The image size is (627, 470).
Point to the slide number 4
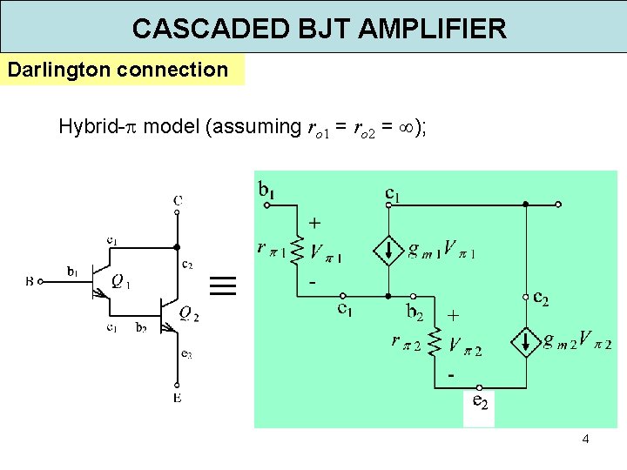[585, 439]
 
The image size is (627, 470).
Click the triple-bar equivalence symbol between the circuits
[223, 286]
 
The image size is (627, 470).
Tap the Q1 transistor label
[121, 280]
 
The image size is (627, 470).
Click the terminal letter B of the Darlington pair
[30, 281]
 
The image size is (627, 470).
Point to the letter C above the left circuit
[178, 201]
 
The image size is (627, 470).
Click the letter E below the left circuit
[178, 399]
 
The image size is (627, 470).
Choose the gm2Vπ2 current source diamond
[527, 341]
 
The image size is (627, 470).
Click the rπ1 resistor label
[273, 249]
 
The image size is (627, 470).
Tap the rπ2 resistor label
[407, 342]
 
